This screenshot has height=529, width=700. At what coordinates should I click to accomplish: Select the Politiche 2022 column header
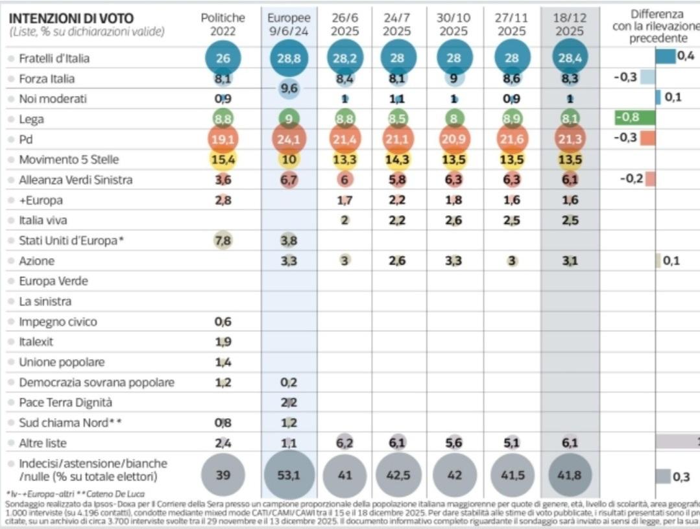coord(223,24)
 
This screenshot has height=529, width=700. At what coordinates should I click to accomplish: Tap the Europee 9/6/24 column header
coord(289,24)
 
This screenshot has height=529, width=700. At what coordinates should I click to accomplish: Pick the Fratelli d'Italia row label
coord(54,58)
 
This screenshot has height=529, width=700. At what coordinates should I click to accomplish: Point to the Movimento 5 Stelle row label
coord(69,159)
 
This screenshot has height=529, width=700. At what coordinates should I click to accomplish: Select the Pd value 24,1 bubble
coord(289,139)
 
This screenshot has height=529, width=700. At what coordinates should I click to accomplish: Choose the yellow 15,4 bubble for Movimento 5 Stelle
coord(223,159)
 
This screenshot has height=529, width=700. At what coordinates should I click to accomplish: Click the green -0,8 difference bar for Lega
coord(635,118)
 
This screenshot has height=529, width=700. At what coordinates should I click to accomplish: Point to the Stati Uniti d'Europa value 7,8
coord(223,241)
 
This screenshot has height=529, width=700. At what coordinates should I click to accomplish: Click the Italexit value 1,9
coord(223,342)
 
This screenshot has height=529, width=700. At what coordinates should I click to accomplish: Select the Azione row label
coord(36,261)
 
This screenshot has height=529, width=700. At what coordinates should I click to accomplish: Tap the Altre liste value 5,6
coord(454,443)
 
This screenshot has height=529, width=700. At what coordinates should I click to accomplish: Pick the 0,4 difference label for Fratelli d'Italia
coord(686,56)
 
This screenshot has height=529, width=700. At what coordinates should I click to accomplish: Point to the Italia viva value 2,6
coord(454,220)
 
